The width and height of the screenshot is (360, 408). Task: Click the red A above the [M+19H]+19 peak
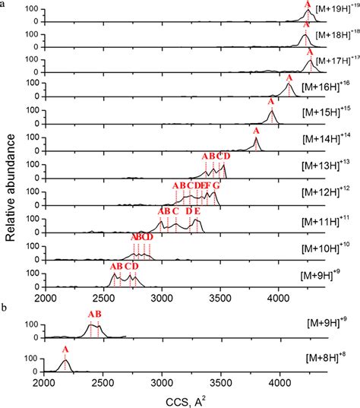click(x=308, y=5)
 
